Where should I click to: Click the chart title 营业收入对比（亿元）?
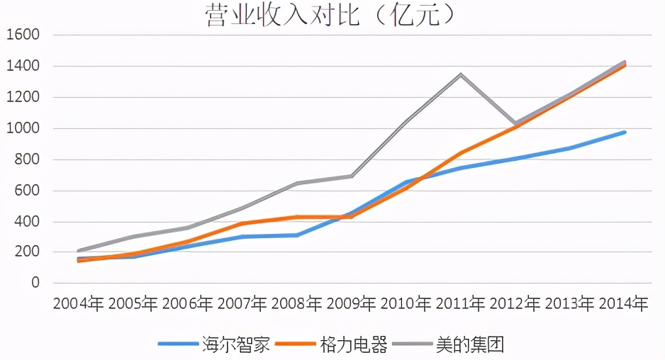(331, 15)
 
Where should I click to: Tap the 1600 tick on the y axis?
(23, 35)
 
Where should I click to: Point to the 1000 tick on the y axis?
(23, 129)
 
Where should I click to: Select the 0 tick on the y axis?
(35, 283)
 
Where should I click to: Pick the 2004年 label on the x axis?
(78, 304)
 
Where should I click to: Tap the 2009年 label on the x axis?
(351, 304)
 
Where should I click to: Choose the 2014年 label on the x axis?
(624, 304)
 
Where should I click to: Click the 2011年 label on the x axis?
(460, 304)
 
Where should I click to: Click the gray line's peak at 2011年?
(460, 74)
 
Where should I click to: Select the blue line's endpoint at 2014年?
(625, 133)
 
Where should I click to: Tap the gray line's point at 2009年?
(351, 176)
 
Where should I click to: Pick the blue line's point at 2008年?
(296, 235)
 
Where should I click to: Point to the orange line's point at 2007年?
(242, 224)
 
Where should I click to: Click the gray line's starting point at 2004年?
(78, 251)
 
